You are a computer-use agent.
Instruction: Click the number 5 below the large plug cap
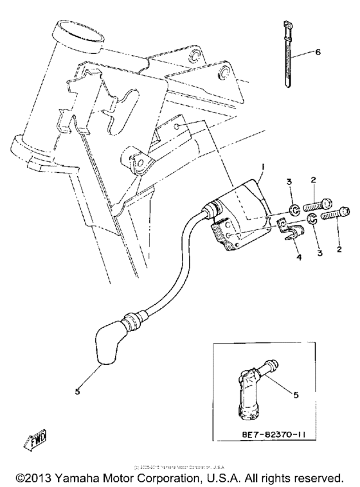point(77,391)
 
